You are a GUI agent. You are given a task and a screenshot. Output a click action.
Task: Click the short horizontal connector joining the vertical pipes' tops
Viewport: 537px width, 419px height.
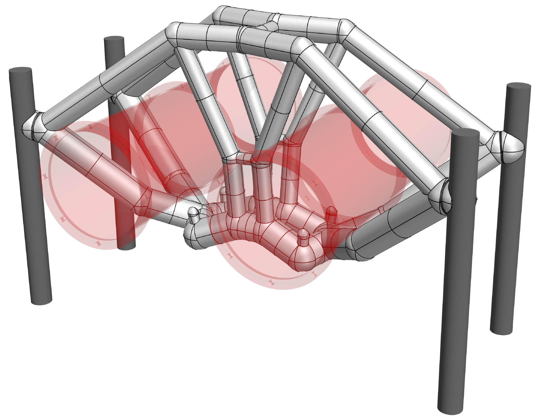point(243,157)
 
